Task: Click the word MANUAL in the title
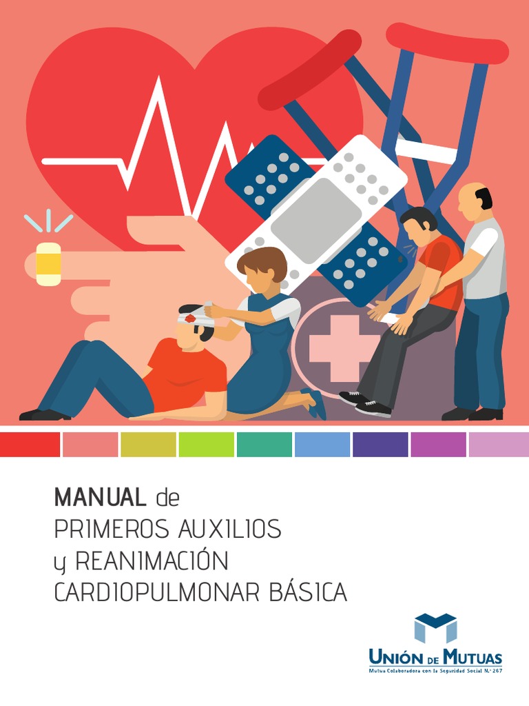tap(100, 496)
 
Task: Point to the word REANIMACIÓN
tap(151, 561)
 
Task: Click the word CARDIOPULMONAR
tap(158, 593)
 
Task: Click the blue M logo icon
tap(435, 628)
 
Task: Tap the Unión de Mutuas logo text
tap(435, 657)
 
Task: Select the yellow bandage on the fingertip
tap(48, 263)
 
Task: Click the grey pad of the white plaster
tap(316, 211)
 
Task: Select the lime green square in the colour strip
tap(206, 445)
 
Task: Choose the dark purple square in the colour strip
tap(380, 445)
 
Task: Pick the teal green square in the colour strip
tap(264, 445)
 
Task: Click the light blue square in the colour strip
tap(322, 445)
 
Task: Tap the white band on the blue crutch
tap(426, 150)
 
